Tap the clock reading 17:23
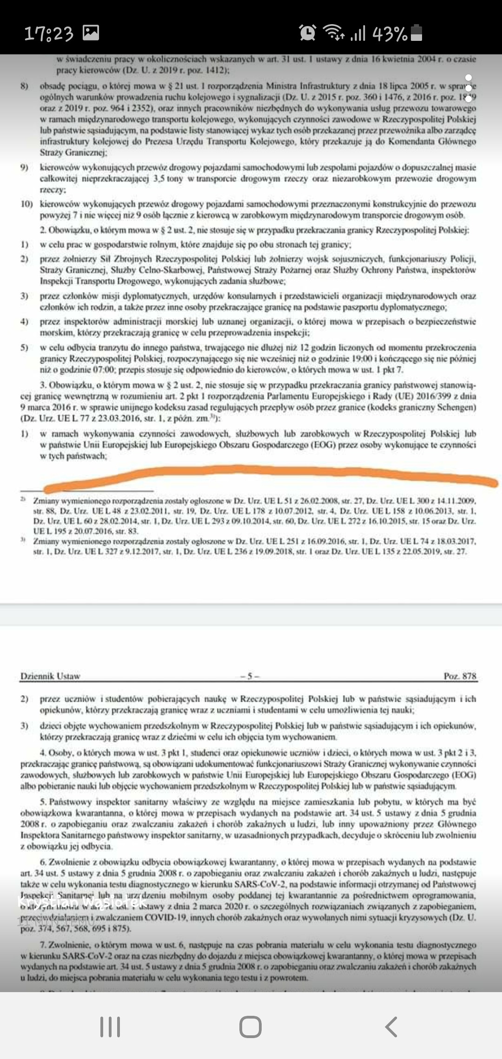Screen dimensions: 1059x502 tap(48, 33)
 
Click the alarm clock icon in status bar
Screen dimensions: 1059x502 tap(307, 33)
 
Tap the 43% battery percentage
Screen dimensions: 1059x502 tap(390, 33)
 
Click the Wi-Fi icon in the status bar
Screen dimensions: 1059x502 tap(333, 33)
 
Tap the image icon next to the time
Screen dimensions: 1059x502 tap(91, 33)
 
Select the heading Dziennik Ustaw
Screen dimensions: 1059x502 tap(50, 676)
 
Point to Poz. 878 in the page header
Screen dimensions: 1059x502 tap(460, 676)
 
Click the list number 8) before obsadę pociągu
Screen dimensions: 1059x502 tap(24, 86)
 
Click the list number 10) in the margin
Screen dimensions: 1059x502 tap(26, 204)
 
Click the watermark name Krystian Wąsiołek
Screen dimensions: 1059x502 tap(82, 902)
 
